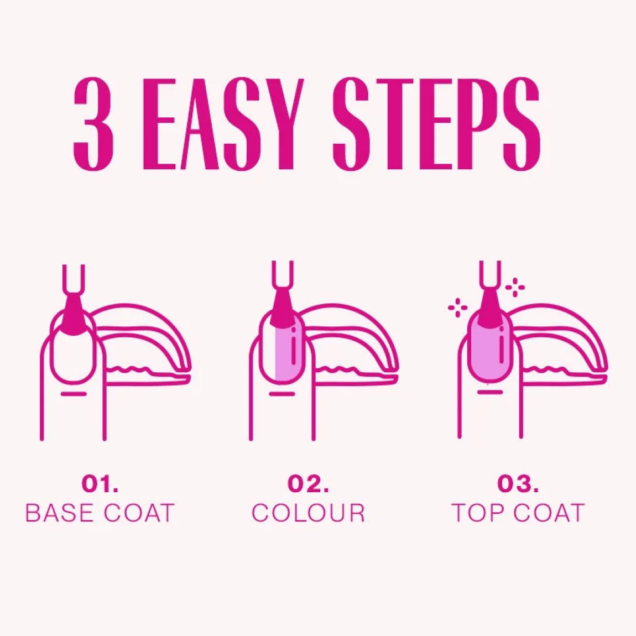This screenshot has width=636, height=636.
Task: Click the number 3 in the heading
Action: coord(93,124)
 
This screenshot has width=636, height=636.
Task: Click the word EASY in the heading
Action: coord(223,124)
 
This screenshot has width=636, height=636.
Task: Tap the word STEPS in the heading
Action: coord(436,124)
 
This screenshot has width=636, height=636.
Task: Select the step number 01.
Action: coord(100,483)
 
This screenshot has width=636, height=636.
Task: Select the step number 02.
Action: coord(308,483)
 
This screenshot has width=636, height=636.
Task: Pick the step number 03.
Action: coord(518,483)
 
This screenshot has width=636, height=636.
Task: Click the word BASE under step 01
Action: coord(60,513)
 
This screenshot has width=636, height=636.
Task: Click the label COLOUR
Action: coord(308,513)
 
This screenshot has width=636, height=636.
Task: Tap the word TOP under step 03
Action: coord(478,513)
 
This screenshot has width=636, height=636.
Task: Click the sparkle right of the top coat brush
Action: coord(515,288)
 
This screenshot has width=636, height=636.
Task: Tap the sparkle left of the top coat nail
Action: coord(457,307)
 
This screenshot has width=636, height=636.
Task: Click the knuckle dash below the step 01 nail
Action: coord(74,393)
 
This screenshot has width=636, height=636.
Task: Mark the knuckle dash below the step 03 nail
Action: coord(490,392)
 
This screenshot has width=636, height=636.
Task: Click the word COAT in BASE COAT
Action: coord(139,513)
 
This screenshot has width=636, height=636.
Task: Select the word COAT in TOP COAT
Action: coord(549,513)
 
